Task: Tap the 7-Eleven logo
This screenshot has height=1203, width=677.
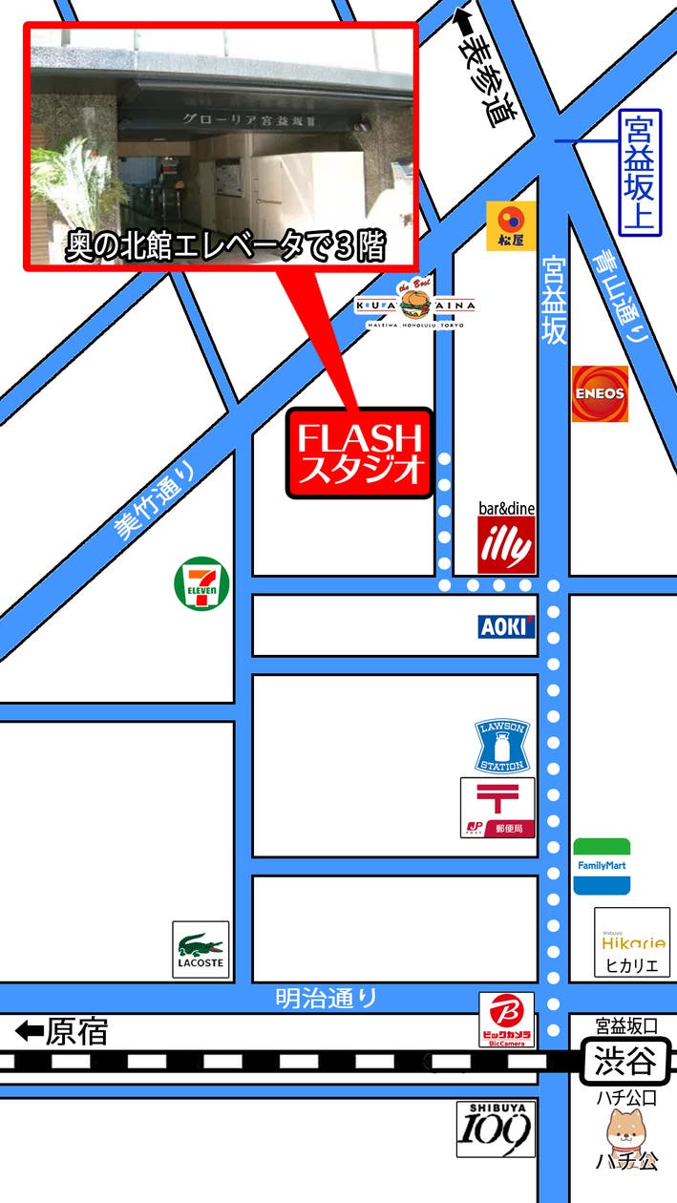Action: pyautogui.click(x=201, y=585)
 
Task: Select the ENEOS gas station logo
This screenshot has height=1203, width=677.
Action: pyautogui.click(x=600, y=393)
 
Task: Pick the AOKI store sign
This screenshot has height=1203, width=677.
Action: pyautogui.click(x=506, y=626)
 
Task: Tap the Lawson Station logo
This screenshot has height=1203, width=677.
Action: pyautogui.click(x=501, y=747)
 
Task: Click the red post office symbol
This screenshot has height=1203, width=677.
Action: pyautogui.click(x=497, y=808)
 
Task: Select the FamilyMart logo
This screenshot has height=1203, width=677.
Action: pyautogui.click(x=602, y=866)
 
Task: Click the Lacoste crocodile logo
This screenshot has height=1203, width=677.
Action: pyautogui.click(x=201, y=949)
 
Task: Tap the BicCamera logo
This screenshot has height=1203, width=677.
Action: pyautogui.click(x=507, y=1019)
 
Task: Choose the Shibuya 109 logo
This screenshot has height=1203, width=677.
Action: pyautogui.click(x=496, y=1129)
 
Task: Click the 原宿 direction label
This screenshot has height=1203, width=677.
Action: pyautogui.click(x=63, y=1031)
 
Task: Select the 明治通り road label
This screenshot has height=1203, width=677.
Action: pyautogui.click(x=327, y=999)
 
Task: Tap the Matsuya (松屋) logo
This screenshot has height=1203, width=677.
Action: pyautogui.click(x=511, y=226)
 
